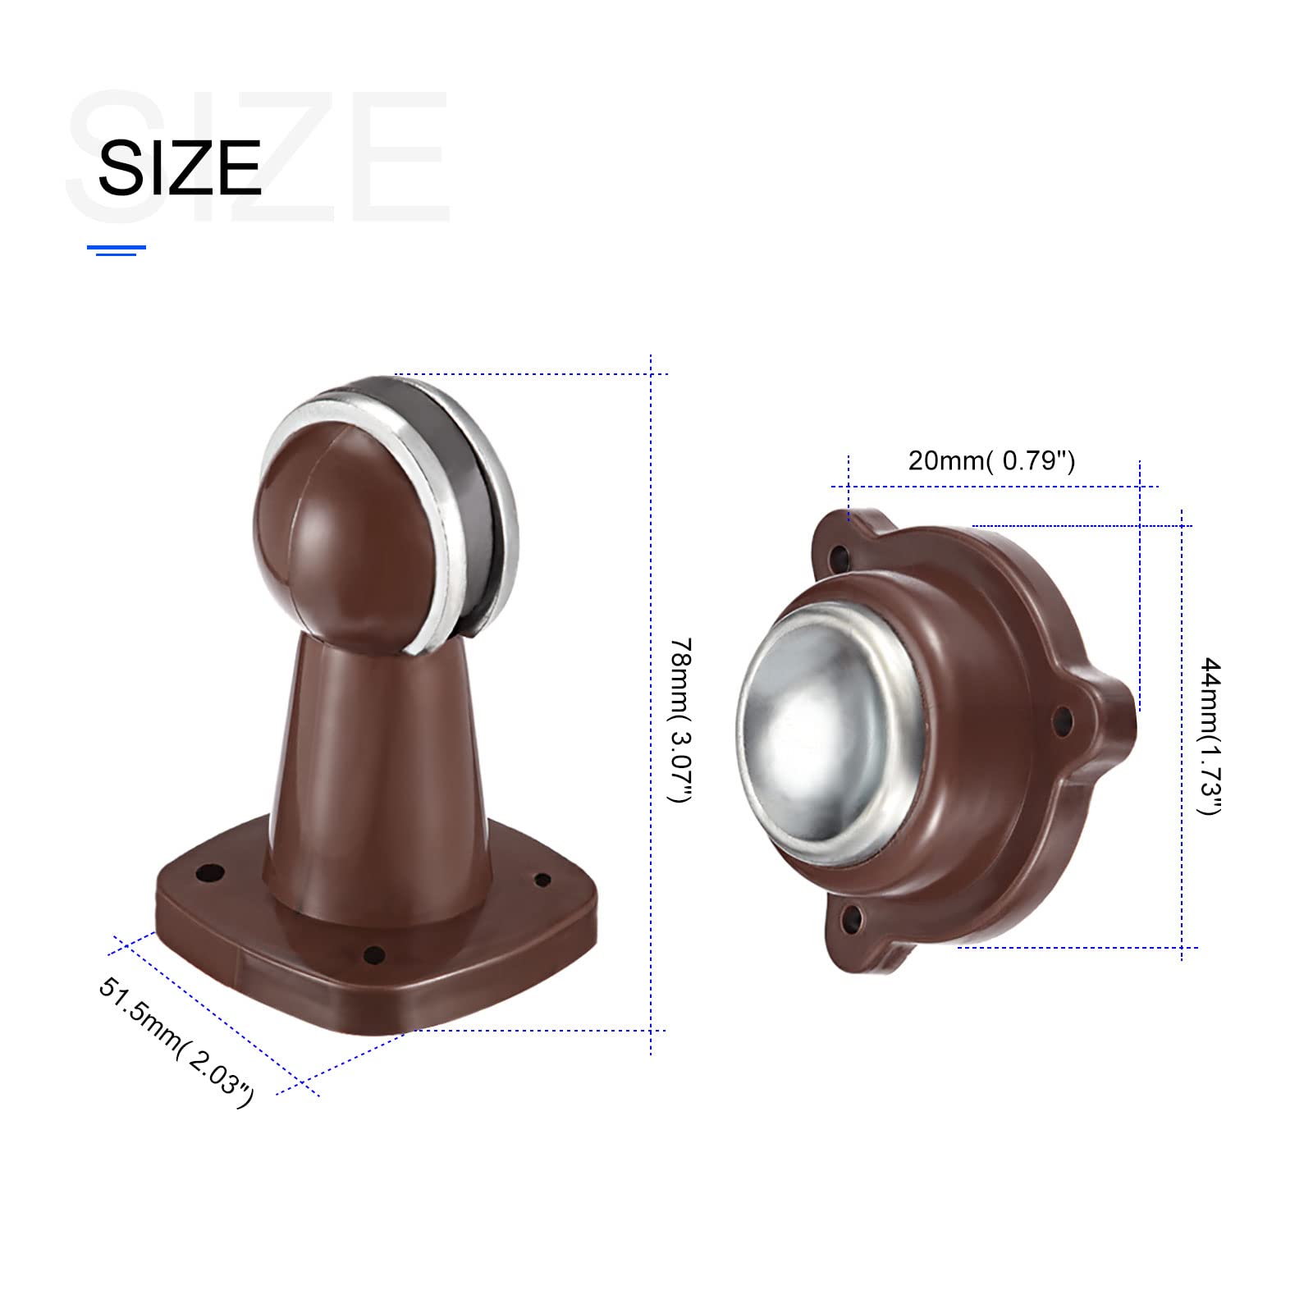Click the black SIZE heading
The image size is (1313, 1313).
pos(180,167)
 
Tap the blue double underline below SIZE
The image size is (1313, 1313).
pos(117,250)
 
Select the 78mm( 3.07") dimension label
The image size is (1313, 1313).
pos(682,721)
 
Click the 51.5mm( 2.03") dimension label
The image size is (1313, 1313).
pos(176,1041)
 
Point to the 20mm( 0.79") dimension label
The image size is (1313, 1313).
pos(991,460)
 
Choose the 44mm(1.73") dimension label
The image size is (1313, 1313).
pos(1210,735)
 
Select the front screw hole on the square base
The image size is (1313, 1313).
pos(373,955)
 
